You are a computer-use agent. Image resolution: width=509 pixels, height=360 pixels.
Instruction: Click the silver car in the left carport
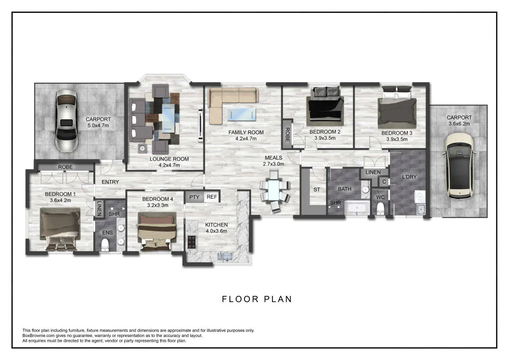pyautogui.click(x=66, y=121)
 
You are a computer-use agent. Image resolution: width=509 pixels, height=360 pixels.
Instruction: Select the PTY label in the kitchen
pyautogui.click(x=194, y=197)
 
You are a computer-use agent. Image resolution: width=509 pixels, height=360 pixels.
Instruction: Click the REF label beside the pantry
pyautogui.click(x=212, y=197)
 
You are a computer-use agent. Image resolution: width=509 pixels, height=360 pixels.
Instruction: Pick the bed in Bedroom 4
pyautogui.click(x=157, y=231)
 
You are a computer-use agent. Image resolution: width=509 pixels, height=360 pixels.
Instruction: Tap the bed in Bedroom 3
pyautogui.click(x=397, y=108)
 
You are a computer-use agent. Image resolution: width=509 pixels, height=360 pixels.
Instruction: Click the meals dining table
pyautogui.click(x=274, y=191)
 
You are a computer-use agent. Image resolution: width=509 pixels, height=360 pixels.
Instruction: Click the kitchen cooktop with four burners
pyautogui.click(x=192, y=242)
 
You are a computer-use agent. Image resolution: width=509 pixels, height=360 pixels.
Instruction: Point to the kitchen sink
pyautogui.click(x=225, y=257)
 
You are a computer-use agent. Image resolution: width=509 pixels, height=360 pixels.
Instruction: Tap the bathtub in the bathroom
pyautogui.click(x=357, y=208)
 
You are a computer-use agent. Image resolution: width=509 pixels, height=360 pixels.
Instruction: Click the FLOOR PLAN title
pyautogui.click(x=257, y=299)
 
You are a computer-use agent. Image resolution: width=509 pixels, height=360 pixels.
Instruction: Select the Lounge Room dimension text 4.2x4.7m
pyautogui.click(x=169, y=165)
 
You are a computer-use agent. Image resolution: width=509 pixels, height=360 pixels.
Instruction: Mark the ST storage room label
pyautogui.click(x=317, y=190)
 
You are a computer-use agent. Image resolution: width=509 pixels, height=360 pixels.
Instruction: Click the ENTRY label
pyautogui.click(x=111, y=182)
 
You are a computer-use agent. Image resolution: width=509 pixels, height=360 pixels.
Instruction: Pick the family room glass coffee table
pyautogui.click(x=241, y=115)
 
